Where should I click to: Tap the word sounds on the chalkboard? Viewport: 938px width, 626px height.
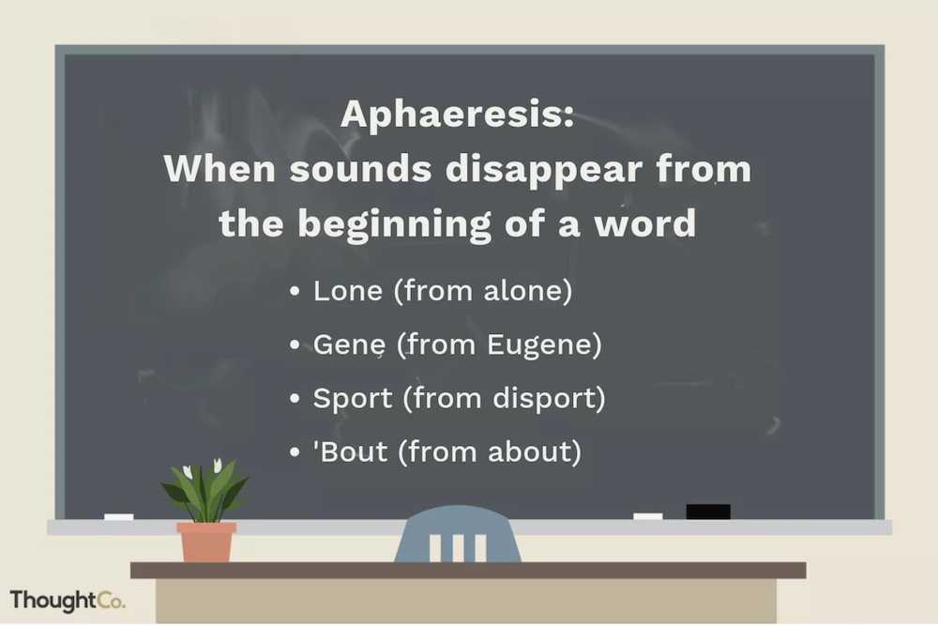(360, 168)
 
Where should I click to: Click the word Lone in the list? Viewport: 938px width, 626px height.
(348, 291)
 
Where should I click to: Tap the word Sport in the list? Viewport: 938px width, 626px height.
(353, 399)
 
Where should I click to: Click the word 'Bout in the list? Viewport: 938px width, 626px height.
(350, 451)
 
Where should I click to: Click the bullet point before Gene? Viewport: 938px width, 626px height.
(295, 345)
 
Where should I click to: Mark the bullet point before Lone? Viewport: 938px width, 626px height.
(295, 292)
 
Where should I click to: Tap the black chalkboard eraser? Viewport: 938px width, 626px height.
(707, 511)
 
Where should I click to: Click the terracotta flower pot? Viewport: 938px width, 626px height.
(205, 542)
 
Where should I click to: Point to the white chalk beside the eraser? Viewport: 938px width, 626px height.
(648, 516)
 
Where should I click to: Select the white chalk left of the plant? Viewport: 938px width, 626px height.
(118, 516)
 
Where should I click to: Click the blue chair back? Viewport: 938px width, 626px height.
(458, 534)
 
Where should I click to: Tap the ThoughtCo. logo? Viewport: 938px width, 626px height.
(68, 601)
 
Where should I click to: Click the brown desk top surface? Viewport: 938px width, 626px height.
(468, 570)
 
